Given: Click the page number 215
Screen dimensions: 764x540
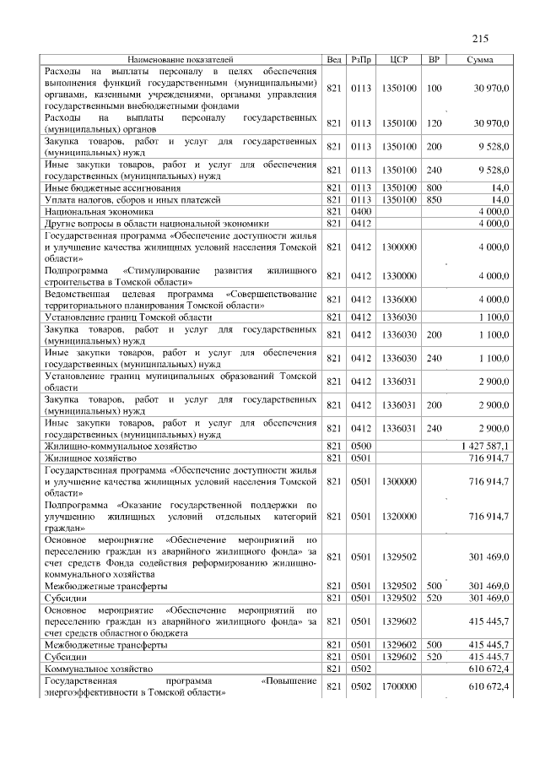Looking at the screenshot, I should coord(481,39).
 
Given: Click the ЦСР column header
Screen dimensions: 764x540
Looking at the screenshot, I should coord(400,60).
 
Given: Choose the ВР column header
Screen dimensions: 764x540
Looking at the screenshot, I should coord(434,60).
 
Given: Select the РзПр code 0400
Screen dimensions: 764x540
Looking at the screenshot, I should coord(361,212).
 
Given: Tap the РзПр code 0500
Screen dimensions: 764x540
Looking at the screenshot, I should coord(361,445).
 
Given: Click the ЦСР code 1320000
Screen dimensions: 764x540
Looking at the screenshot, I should coord(400,515).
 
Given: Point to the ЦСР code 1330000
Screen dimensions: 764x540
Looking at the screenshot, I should coord(400,275).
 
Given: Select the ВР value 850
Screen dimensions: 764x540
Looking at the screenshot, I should coord(434,200).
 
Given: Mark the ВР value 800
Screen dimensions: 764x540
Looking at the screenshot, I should coord(434,187).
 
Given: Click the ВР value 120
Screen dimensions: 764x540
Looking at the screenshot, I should coord(434,123).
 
